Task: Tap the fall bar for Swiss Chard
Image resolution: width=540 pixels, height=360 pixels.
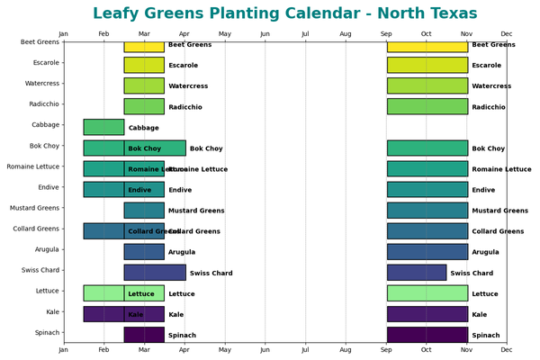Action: [417, 272]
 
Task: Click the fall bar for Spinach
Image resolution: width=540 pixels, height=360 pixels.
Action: [427, 334]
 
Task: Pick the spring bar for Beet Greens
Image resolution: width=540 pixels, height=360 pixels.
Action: [144, 45]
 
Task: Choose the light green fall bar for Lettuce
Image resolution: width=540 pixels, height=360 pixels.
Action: [427, 292]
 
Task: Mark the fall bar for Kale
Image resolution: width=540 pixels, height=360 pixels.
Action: [427, 313]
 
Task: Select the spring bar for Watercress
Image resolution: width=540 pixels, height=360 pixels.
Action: [144, 85]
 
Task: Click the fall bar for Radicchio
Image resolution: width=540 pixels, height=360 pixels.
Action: [427, 106]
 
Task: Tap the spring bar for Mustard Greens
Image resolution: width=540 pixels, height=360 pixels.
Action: [144, 210]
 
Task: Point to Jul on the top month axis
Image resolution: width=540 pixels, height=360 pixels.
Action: [305, 34]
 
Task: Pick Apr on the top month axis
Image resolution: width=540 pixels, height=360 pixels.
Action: [184, 34]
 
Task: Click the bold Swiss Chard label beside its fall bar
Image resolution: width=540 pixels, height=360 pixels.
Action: [472, 273]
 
